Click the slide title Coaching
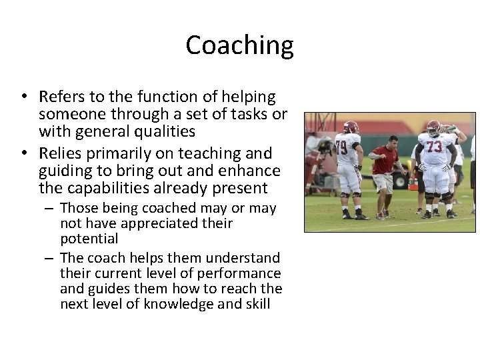click(x=239, y=45)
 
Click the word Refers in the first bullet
click(x=60, y=97)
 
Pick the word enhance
click(x=254, y=171)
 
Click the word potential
click(x=89, y=239)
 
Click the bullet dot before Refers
click(x=24, y=97)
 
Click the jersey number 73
click(x=434, y=147)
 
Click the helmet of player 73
click(x=434, y=127)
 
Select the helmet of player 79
click(x=351, y=127)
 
